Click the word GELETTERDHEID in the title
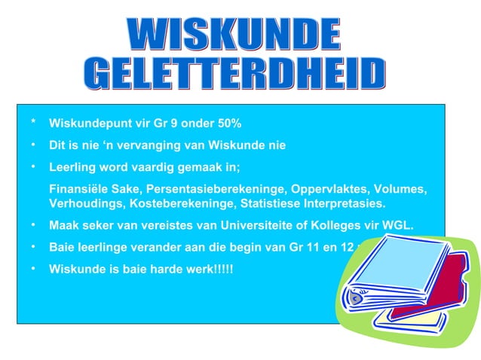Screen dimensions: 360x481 click(x=234, y=74)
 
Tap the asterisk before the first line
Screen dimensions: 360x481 click(x=33, y=124)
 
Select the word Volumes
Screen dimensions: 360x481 click(x=400, y=188)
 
